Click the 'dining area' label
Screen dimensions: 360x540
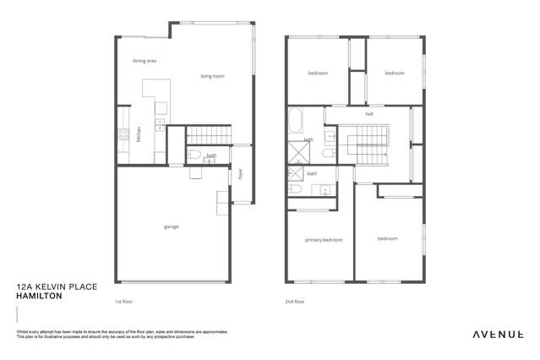pyautogui.click(x=145, y=61)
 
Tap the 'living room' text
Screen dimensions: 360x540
pyautogui.click(x=212, y=76)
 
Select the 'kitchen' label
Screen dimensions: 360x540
pyautogui.click(x=139, y=134)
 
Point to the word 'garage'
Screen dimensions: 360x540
pyautogui.click(x=172, y=226)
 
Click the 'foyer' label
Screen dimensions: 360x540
pyautogui.click(x=240, y=174)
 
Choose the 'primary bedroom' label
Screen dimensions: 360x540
pyautogui.click(x=323, y=240)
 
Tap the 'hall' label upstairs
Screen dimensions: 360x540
pyautogui.click(x=369, y=113)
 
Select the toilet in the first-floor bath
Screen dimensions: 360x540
pyautogui.click(x=194, y=154)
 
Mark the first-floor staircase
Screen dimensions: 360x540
pyautogui.click(x=208, y=134)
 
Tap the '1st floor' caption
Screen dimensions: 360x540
pyautogui.click(x=123, y=301)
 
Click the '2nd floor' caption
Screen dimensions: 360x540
pyautogui.click(x=295, y=301)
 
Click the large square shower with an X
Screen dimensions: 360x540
pyautogui.click(x=297, y=153)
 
